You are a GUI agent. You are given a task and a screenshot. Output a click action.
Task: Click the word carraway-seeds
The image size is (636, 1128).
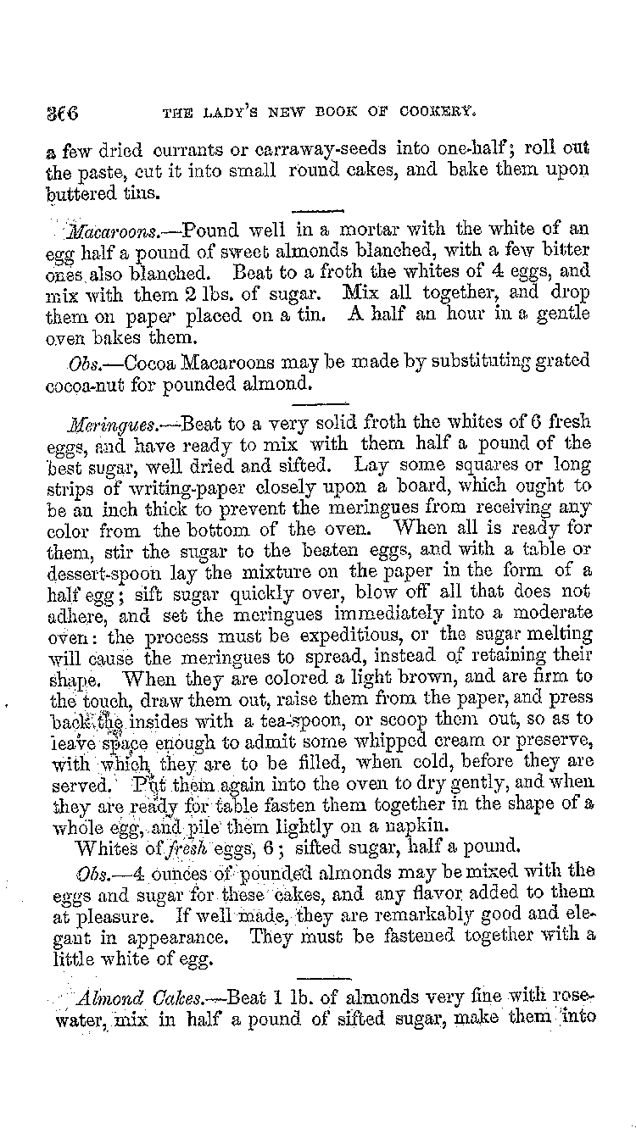point(313,150)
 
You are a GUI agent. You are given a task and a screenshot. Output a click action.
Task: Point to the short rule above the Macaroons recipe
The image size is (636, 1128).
point(321,210)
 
